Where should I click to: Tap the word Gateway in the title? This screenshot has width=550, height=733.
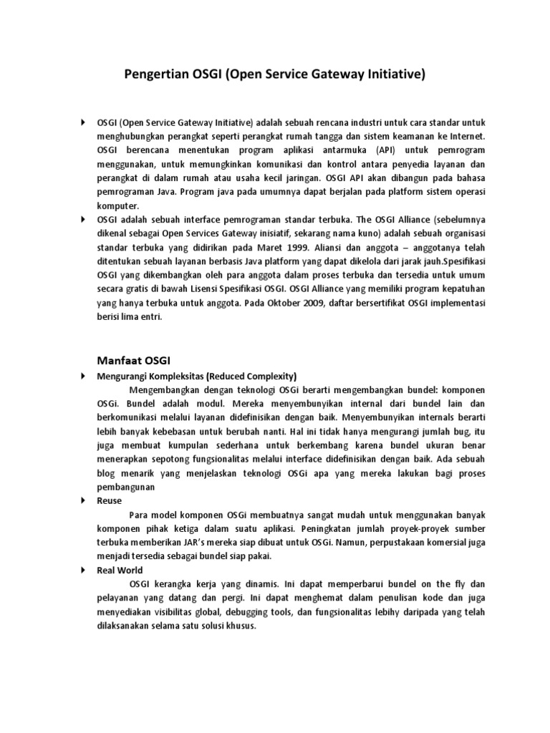[x=333, y=74]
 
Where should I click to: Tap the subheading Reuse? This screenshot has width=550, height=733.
[x=110, y=500]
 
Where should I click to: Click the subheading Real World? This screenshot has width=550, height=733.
[x=120, y=570]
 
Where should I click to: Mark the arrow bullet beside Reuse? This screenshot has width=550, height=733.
[x=83, y=500]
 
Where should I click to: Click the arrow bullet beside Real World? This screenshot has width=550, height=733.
[x=83, y=570]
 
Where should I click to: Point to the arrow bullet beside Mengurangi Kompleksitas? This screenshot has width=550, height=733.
[x=83, y=375]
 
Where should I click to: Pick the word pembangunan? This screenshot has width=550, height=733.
[x=126, y=487]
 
